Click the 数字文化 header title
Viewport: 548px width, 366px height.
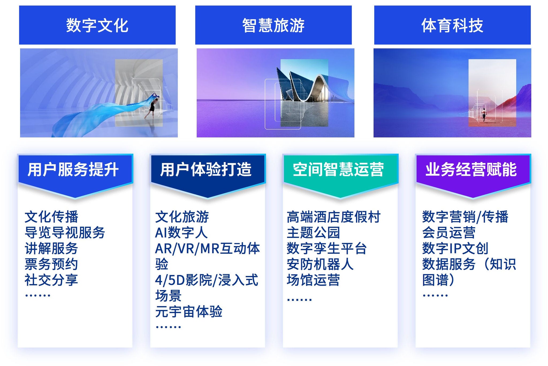(x=97, y=25)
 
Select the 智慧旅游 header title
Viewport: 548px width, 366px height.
(x=273, y=25)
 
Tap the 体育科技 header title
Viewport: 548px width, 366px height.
(x=452, y=25)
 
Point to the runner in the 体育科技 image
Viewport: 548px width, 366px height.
(x=484, y=115)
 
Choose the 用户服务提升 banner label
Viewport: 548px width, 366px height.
(x=73, y=169)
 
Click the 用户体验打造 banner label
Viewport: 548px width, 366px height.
(x=206, y=169)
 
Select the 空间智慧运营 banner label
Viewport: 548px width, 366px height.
(x=338, y=169)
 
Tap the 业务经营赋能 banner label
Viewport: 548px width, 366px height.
(x=471, y=169)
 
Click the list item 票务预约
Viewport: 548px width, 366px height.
(x=51, y=264)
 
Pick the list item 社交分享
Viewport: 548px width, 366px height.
(x=51, y=280)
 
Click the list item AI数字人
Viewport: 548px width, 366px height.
(x=181, y=233)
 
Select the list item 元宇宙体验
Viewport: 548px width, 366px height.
(x=189, y=312)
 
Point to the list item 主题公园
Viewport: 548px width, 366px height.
(x=313, y=233)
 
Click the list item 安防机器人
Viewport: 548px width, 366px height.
(x=320, y=264)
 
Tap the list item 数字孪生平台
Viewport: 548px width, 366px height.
(x=326, y=248)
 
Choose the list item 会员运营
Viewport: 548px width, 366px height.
(x=449, y=233)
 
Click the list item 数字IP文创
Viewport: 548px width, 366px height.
(x=455, y=248)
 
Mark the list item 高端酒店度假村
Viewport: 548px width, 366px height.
(x=333, y=217)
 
